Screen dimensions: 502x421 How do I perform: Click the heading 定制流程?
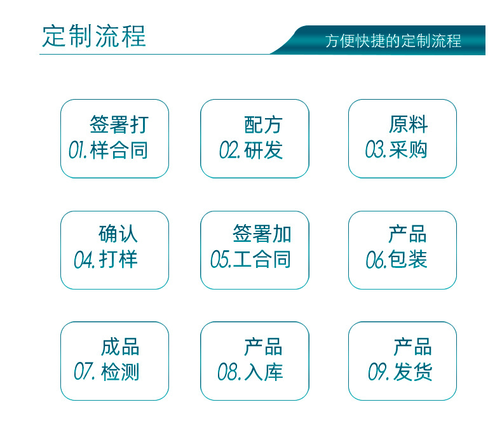pos(94,36)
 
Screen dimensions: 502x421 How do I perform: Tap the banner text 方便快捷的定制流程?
pos(393,41)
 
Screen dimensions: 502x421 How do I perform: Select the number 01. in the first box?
pos(78,150)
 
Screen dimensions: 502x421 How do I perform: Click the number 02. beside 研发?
pos(229,150)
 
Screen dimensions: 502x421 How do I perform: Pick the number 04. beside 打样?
pos(85,259)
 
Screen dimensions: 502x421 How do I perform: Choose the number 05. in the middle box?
pos(220,259)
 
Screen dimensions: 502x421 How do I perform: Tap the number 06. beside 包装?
pos(376,260)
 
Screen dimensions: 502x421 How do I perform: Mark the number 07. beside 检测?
pos(85,371)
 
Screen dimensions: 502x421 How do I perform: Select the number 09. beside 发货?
pos(379,371)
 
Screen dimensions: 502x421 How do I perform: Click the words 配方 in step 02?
pos(263,124)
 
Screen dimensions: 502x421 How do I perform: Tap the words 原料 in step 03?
pos(408,124)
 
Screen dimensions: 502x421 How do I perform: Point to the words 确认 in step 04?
pos(118,234)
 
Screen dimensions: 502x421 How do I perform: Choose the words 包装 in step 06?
pos(407,259)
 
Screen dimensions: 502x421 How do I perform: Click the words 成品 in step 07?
pos(120,347)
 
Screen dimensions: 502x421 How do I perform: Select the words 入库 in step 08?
pos(263,371)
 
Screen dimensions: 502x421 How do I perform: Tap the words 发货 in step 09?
pos(413,371)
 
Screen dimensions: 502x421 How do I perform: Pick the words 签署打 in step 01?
pos(119,124)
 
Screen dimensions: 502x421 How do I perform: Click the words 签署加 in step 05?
pos(262,234)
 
